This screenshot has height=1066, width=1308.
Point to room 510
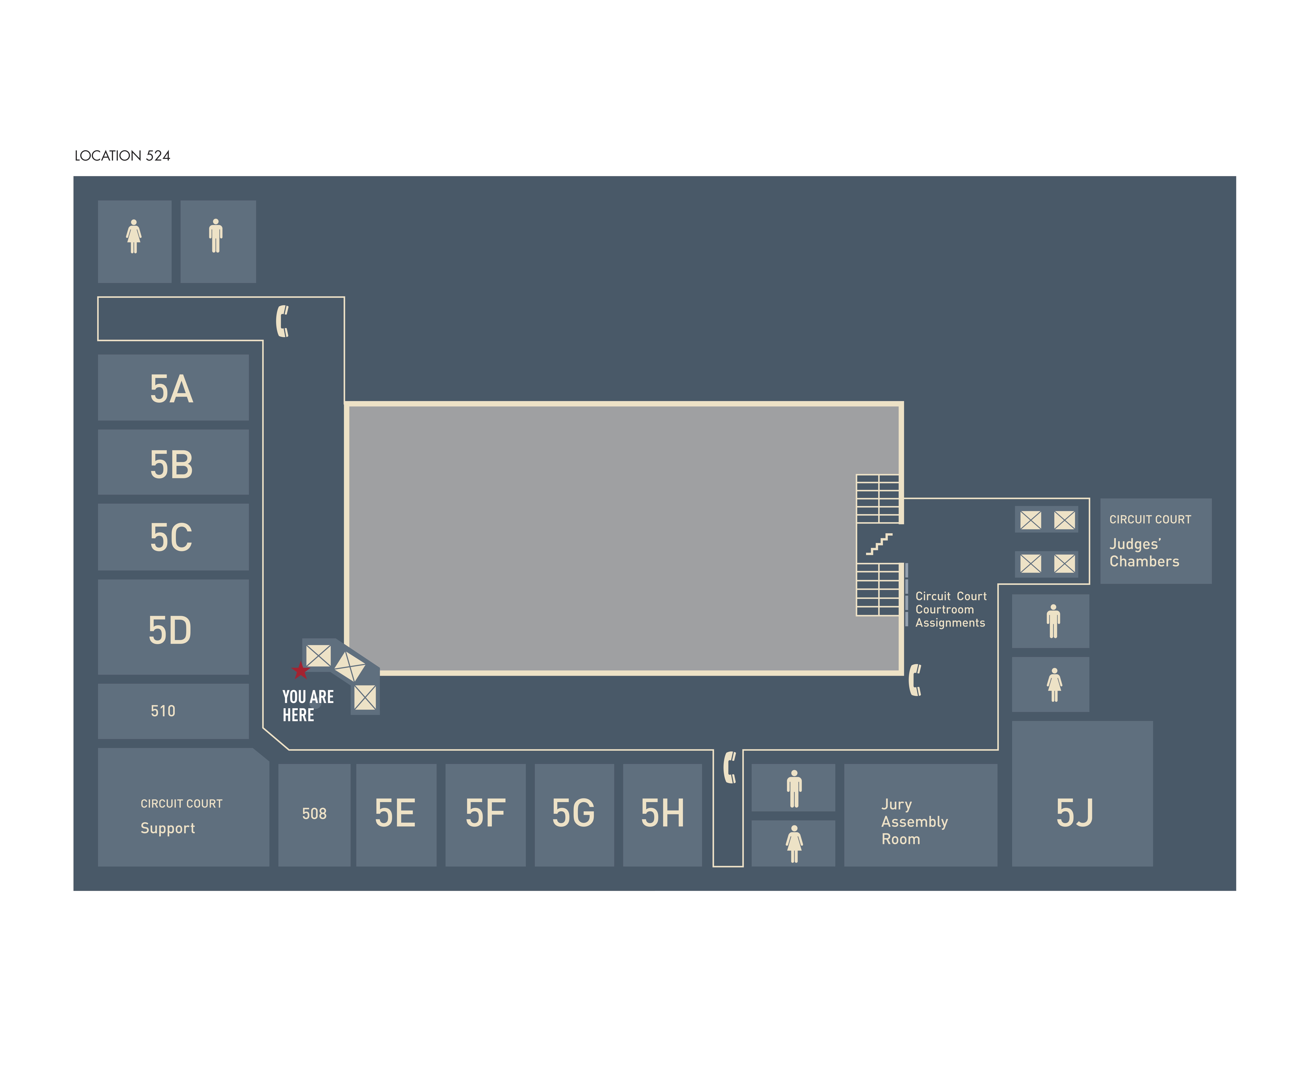pos(163,711)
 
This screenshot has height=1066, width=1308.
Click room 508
pos(314,814)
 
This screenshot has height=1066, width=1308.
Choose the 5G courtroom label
pos(573,814)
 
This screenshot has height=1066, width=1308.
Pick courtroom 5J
pos(1075,814)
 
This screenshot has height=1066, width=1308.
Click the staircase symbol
pos(879,544)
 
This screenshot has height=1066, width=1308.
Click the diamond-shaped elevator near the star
pos(350,666)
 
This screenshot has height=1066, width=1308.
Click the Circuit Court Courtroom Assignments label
pos(951,609)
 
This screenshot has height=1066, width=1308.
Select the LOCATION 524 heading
pos(122,156)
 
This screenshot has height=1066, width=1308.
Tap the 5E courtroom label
pos(395,814)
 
